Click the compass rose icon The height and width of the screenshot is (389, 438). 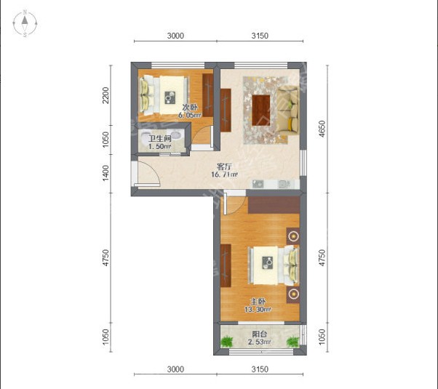coord(25,23)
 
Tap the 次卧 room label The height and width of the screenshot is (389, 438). coord(190,107)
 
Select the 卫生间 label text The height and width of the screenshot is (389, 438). coord(160,138)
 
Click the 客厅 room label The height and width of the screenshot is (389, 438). coord(224,167)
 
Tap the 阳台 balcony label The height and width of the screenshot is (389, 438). coord(260,334)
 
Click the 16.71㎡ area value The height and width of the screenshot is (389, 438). coord(225,175)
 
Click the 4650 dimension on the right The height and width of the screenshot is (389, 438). coord(322,129)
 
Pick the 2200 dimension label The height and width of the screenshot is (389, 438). coord(105,95)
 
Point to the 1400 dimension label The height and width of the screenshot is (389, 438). coord(105,173)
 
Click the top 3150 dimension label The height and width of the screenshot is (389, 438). coord(260,36)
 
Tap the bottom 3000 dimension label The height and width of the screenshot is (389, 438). coord(175,369)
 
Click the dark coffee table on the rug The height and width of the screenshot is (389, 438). coord(261,111)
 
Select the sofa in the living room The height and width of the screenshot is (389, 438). coord(287,111)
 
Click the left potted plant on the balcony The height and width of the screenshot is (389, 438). coord(226,341)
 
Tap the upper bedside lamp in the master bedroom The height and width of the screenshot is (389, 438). coord(293,236)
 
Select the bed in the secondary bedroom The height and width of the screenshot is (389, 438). coord(164,95)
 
